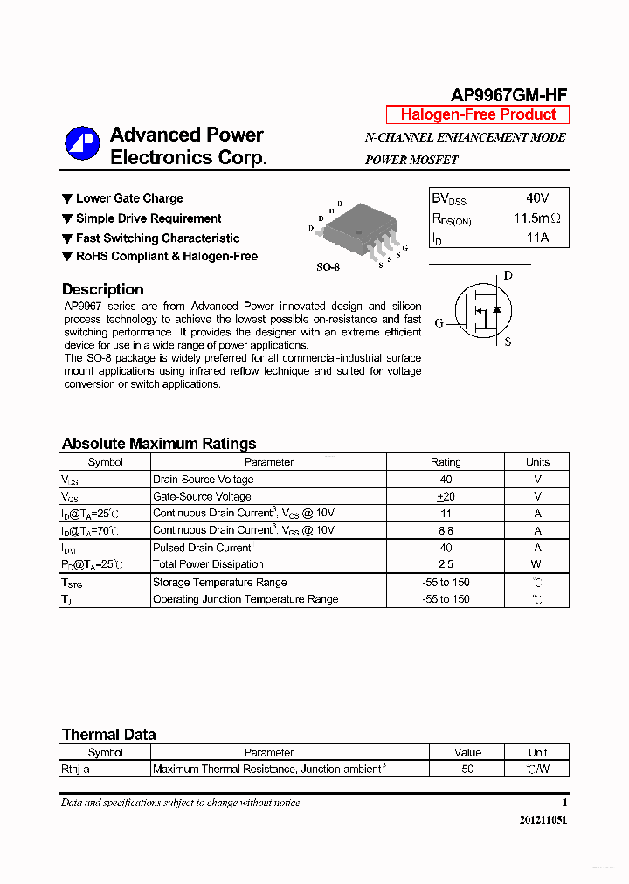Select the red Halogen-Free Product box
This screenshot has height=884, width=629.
(x=478, y=114)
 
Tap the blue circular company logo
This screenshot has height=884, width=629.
(x=83, y=144)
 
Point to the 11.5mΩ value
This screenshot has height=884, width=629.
(x=536, y=218)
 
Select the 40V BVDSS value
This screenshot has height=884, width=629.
(x=537, y=198)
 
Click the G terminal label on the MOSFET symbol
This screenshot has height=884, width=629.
(x=439, y=323)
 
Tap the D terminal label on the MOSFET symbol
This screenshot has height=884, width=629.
(x=508, y=276)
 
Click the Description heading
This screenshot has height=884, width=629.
(x=102, y=289)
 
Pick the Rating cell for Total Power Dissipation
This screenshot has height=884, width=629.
(x=446, y=564)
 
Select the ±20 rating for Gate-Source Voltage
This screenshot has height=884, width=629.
(x=446, y=496)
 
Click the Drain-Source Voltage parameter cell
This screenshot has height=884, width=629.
(x=203, y=480)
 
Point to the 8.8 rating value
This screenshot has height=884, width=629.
(x=446, y=530)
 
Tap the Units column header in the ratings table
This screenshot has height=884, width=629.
(x=537, y=462)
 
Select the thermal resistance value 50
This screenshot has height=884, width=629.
(x=467, y=770)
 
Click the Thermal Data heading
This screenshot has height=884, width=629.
(x=108, y=735)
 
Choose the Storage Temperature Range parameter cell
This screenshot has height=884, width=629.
(x=219, y=582)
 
